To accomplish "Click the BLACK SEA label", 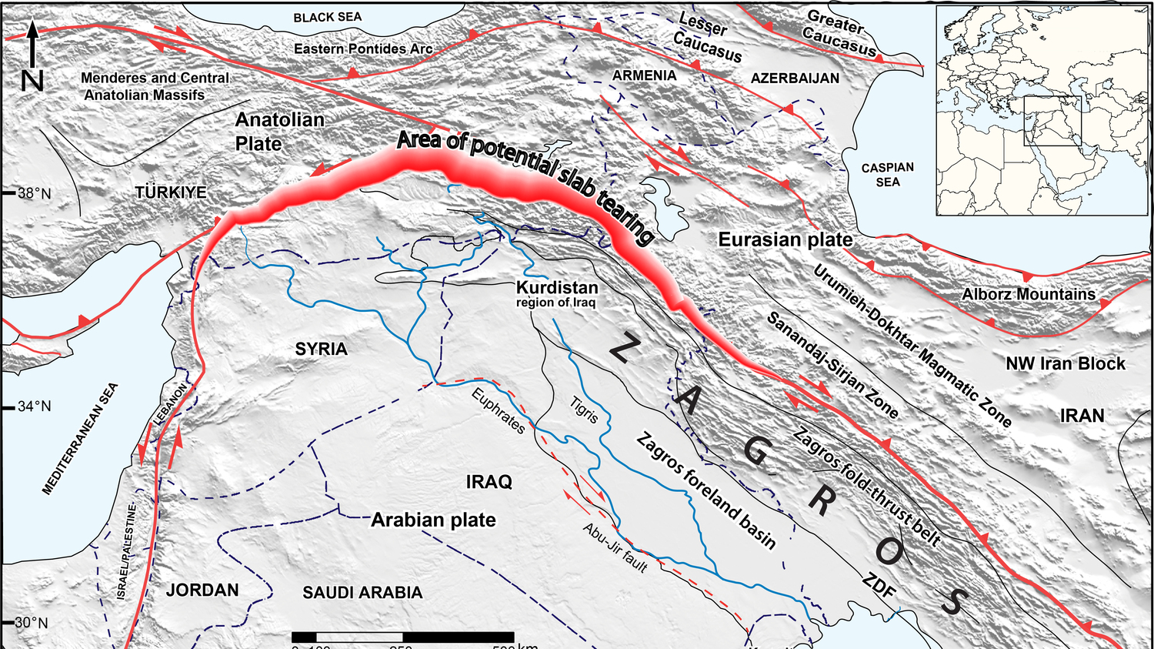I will (x=327, y=17).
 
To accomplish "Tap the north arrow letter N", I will (x=32, y=79).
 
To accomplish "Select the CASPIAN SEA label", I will (x=887, y=175).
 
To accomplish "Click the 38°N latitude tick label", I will (x=34, y=193).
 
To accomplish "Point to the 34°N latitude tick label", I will (x=34, y=406).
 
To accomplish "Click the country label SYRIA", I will (x=321, y=349).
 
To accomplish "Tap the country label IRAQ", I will (x=489, y=482).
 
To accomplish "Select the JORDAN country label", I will (x=202, y=590).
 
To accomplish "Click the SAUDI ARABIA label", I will (x=362, y=592).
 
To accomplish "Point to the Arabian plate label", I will (x=433, y=520).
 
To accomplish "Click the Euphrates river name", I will (x=499, y=412).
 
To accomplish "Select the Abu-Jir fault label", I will (x=615, y=547).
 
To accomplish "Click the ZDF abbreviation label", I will (x=879, y=587).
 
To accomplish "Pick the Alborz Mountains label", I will (x=1028, y=294).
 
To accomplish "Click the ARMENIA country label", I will (x=644, y=75).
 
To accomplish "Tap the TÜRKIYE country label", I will (x=171, y=192).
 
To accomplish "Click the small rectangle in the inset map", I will (x=1052, y=121).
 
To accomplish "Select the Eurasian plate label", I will (x=785, y=239).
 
